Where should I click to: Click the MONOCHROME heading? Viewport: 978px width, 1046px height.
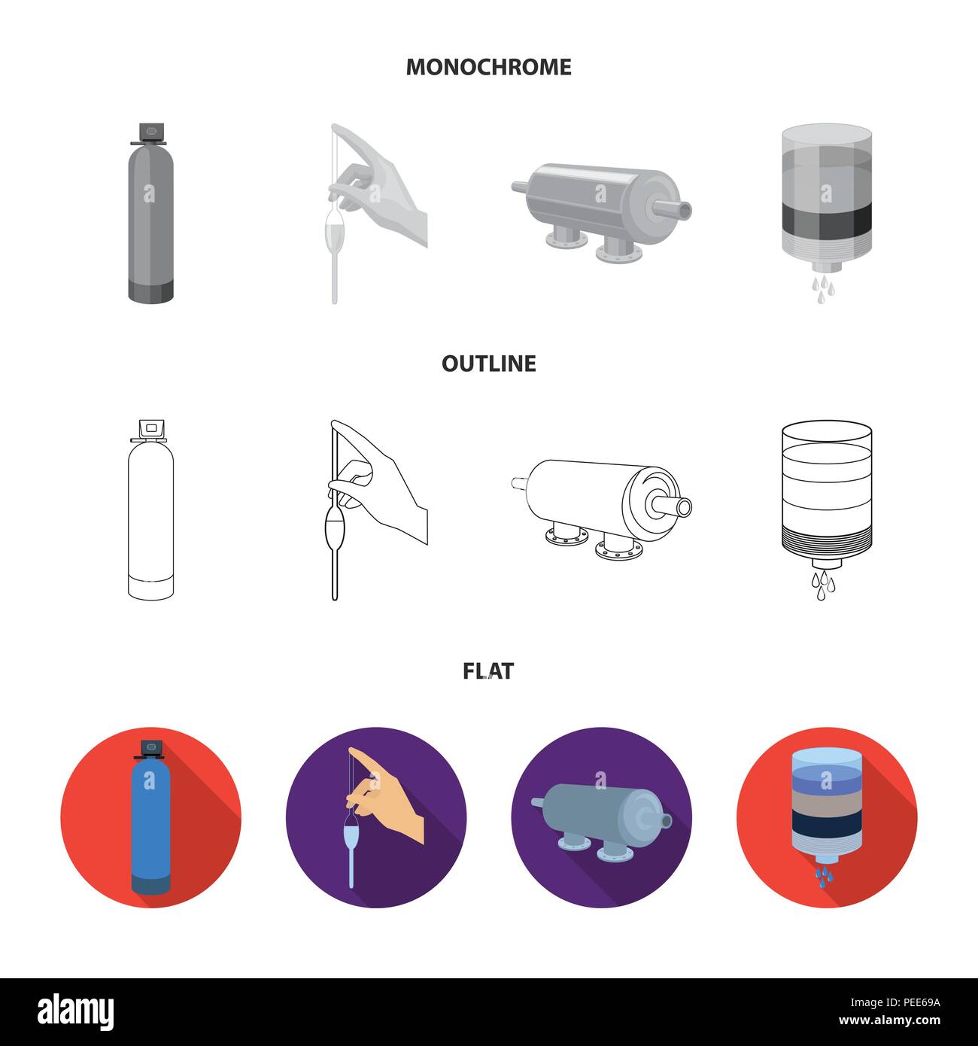[x=488, y=67]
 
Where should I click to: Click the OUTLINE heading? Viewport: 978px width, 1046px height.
[x=488, y=363]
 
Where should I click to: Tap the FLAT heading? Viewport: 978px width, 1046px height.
[x=488, y=670]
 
